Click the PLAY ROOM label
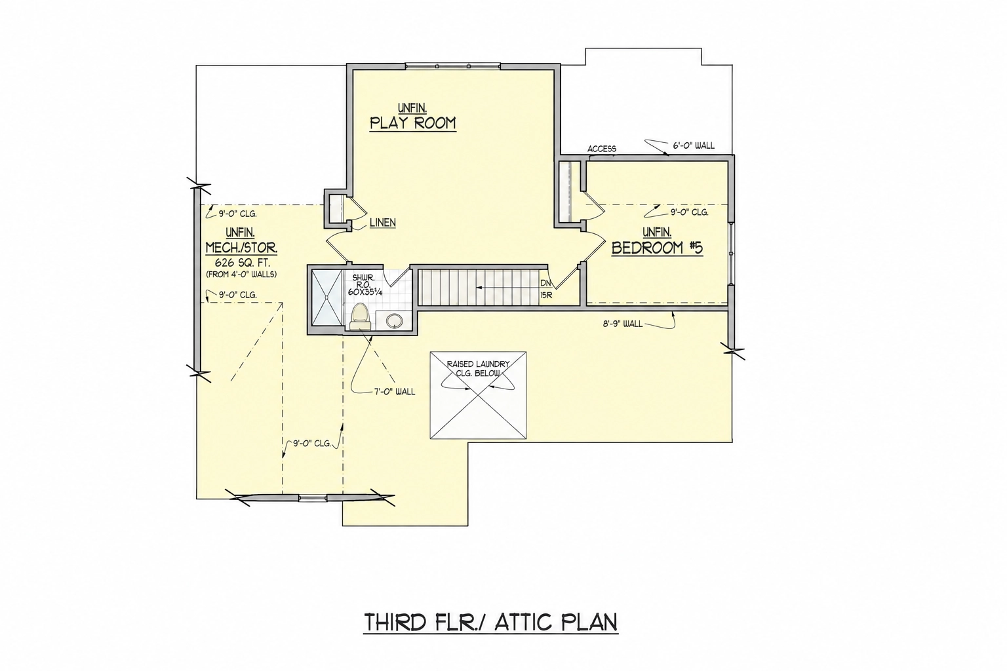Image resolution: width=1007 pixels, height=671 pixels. point(412,123)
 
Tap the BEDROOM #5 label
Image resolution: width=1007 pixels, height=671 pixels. point(657,248)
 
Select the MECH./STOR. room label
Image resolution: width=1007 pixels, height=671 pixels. point(241,248)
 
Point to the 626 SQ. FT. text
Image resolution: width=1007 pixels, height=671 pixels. point(242,263)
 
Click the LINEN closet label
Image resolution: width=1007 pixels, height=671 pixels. point(383,223)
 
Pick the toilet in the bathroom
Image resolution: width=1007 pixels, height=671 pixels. point(360,317)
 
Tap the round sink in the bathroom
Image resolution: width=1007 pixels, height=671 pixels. point(395,320)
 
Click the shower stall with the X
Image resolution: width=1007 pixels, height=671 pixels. point(327,298)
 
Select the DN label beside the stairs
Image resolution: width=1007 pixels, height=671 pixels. point(545,284)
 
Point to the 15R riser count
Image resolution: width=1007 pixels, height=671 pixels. point(545,296)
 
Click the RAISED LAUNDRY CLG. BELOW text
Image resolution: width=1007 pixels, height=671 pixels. point(478,368)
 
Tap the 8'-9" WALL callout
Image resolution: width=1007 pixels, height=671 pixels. point(623,324)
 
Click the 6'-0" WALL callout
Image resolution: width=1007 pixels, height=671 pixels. point(693,145)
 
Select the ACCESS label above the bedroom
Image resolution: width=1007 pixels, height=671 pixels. point(601,149)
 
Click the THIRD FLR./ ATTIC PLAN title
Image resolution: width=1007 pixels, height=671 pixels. point(490,623)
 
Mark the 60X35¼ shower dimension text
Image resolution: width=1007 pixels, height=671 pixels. point(365,292)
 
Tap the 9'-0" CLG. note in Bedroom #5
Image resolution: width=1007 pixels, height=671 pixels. point(689,212)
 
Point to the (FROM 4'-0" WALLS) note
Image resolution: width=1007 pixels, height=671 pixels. point(241,274)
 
